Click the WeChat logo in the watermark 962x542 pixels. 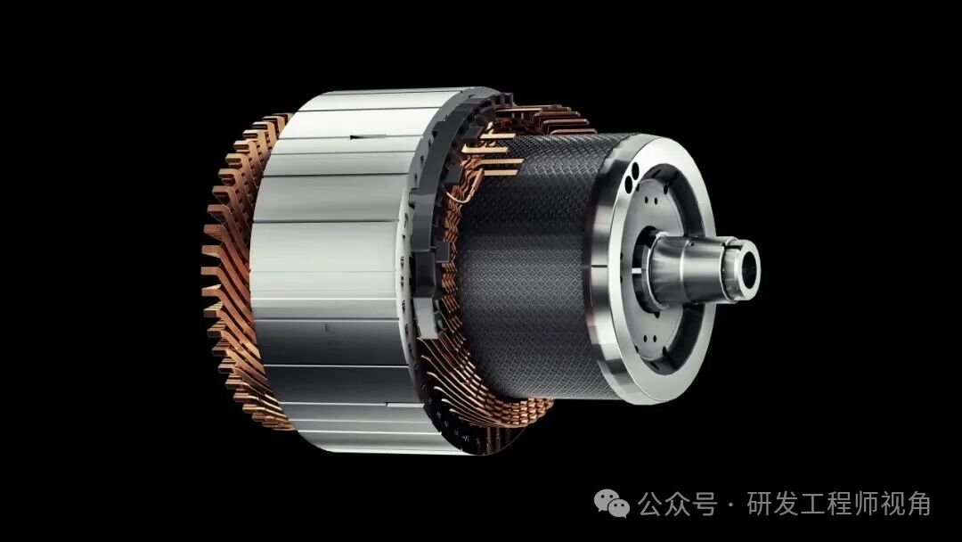[611, 504]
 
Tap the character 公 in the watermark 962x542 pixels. [650, 505]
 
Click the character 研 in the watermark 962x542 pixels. [760, 505]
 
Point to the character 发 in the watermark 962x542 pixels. [787, 505]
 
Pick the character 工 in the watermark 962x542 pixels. [813, 505]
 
